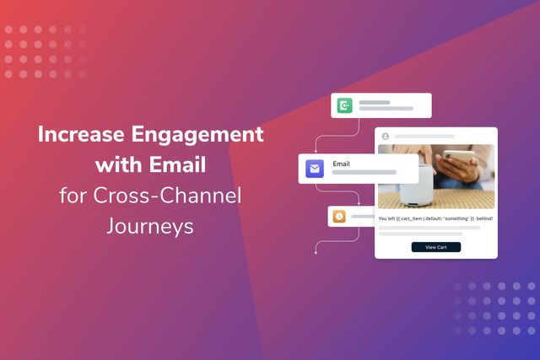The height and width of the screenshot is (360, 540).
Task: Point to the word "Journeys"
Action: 149,226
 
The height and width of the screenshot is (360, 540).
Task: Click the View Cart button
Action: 436,247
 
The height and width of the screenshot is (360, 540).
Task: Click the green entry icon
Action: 344,105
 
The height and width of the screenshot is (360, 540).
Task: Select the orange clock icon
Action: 339,216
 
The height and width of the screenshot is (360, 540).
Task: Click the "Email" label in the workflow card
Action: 342,163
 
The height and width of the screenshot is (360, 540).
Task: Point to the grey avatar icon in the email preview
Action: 386,136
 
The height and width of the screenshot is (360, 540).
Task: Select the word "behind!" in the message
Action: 482,218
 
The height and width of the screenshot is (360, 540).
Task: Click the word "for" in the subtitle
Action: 72,196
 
